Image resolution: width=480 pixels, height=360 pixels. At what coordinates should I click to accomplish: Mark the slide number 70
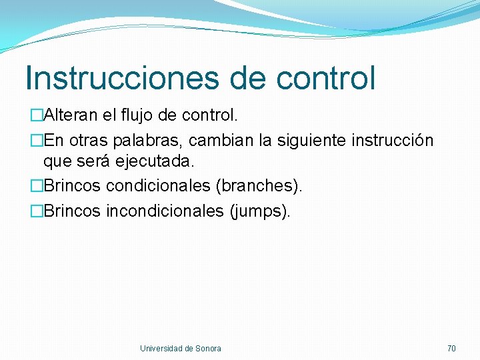pyautogui.click(x=451, y=348)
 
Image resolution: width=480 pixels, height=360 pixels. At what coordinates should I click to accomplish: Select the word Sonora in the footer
pyautogui.click(x=209, y=348)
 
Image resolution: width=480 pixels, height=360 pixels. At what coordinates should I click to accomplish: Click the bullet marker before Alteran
pyautogui.click(x=37, y=116)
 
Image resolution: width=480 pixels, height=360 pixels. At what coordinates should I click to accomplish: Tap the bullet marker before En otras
pyautogui.click(x=37, y=141)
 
